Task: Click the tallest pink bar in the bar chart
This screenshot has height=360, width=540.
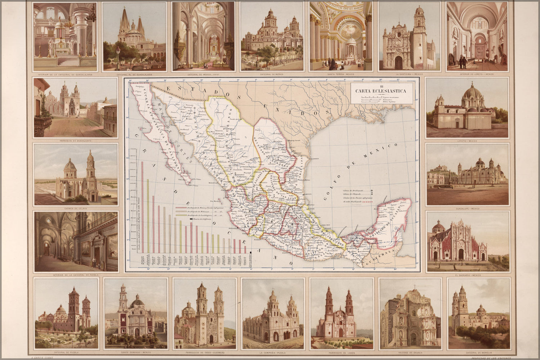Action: pos(142,207)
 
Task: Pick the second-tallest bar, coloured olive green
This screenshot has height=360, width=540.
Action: pos(148,216)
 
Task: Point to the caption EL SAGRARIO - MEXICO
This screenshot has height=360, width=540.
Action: pos(468,275)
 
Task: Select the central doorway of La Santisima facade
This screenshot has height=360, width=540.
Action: pos(398,63)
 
